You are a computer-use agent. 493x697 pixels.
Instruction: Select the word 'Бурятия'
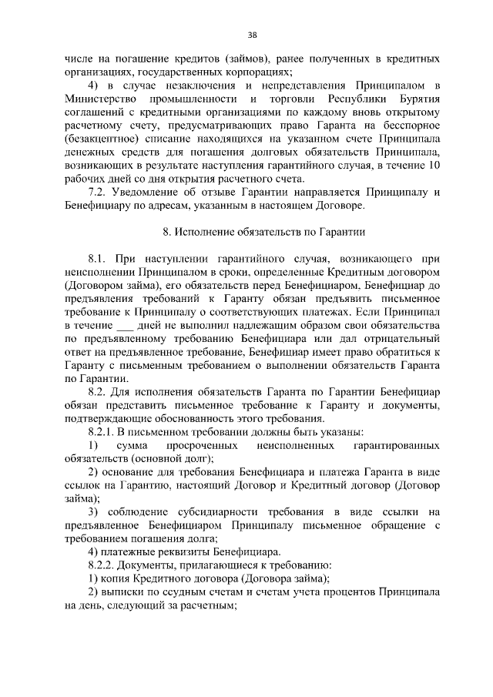click(415, 100)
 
